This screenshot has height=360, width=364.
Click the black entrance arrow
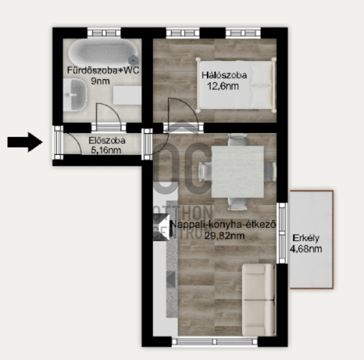[x=25, y=142]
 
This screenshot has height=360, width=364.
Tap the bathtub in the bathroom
[x=103, y=52]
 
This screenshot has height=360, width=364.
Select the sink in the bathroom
[x=75, y=95]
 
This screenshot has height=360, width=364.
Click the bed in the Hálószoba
[x=236, y=85]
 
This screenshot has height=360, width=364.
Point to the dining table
[x=237, y=171]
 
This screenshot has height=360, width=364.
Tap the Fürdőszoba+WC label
[x=103, y=71]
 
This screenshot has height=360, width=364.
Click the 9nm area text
[x=100, y=81]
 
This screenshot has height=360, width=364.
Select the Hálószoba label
[x=224, y=75]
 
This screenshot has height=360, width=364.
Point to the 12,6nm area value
[x=223, y=86]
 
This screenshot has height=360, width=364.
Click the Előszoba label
[x=107, y=140]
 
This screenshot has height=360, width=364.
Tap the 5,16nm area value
[x=106, y=150]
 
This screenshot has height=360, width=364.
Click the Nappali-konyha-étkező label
[x=223, y=225]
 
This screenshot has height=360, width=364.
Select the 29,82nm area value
[x=224, y=235]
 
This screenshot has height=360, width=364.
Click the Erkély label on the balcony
[x=306, y=238]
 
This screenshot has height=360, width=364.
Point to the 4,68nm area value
[x=306, y=249]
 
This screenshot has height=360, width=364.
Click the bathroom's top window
[x=104, y=32]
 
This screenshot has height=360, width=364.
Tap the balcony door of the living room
[x=282, y=233]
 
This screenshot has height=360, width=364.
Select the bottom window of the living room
[x=215, y=342]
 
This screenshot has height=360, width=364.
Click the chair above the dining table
[x=237, y=140]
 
